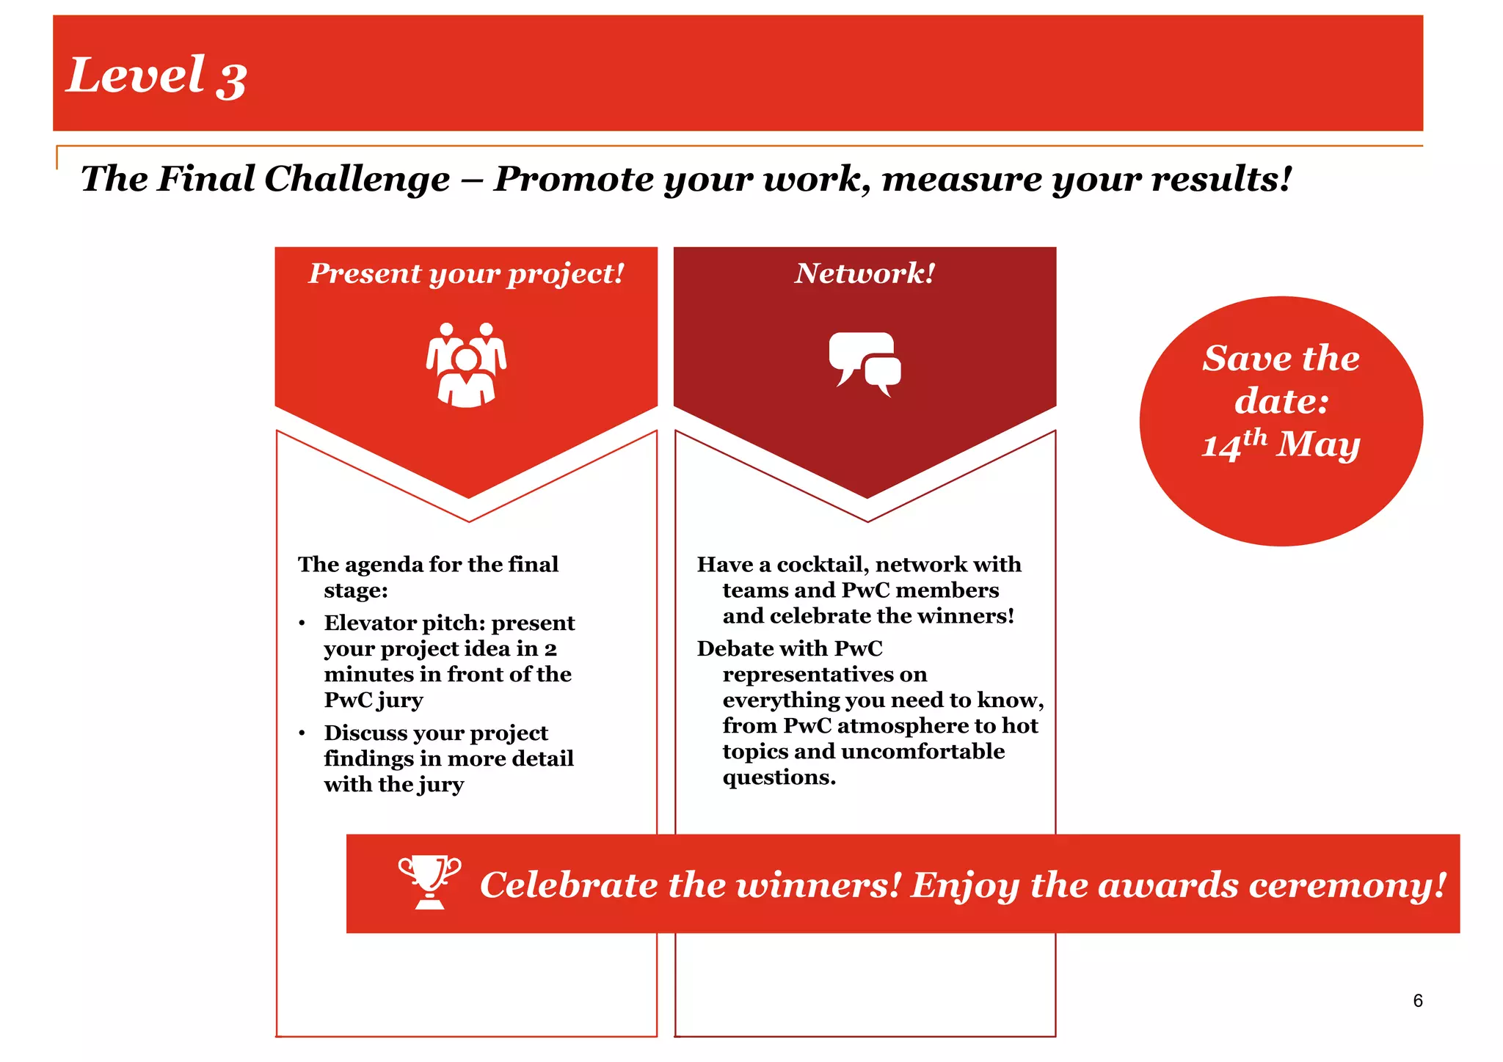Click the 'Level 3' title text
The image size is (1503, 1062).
tap(156, 76)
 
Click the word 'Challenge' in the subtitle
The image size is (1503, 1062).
tap(357, 179)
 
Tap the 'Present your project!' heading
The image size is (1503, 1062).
tap(466, 274)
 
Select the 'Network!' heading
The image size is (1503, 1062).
tap(865, 274)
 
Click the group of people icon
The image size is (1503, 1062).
tap(466, 365)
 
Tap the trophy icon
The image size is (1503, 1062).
tap(429, 882)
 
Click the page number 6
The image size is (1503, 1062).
tap(1417, 1000)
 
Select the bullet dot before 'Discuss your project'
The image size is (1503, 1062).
tap(302, 733)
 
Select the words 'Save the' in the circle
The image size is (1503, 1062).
tap(1281, 359)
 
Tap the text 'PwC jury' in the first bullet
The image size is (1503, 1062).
tap(374, 700)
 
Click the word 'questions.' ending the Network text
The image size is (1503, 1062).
tap(779, 777)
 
